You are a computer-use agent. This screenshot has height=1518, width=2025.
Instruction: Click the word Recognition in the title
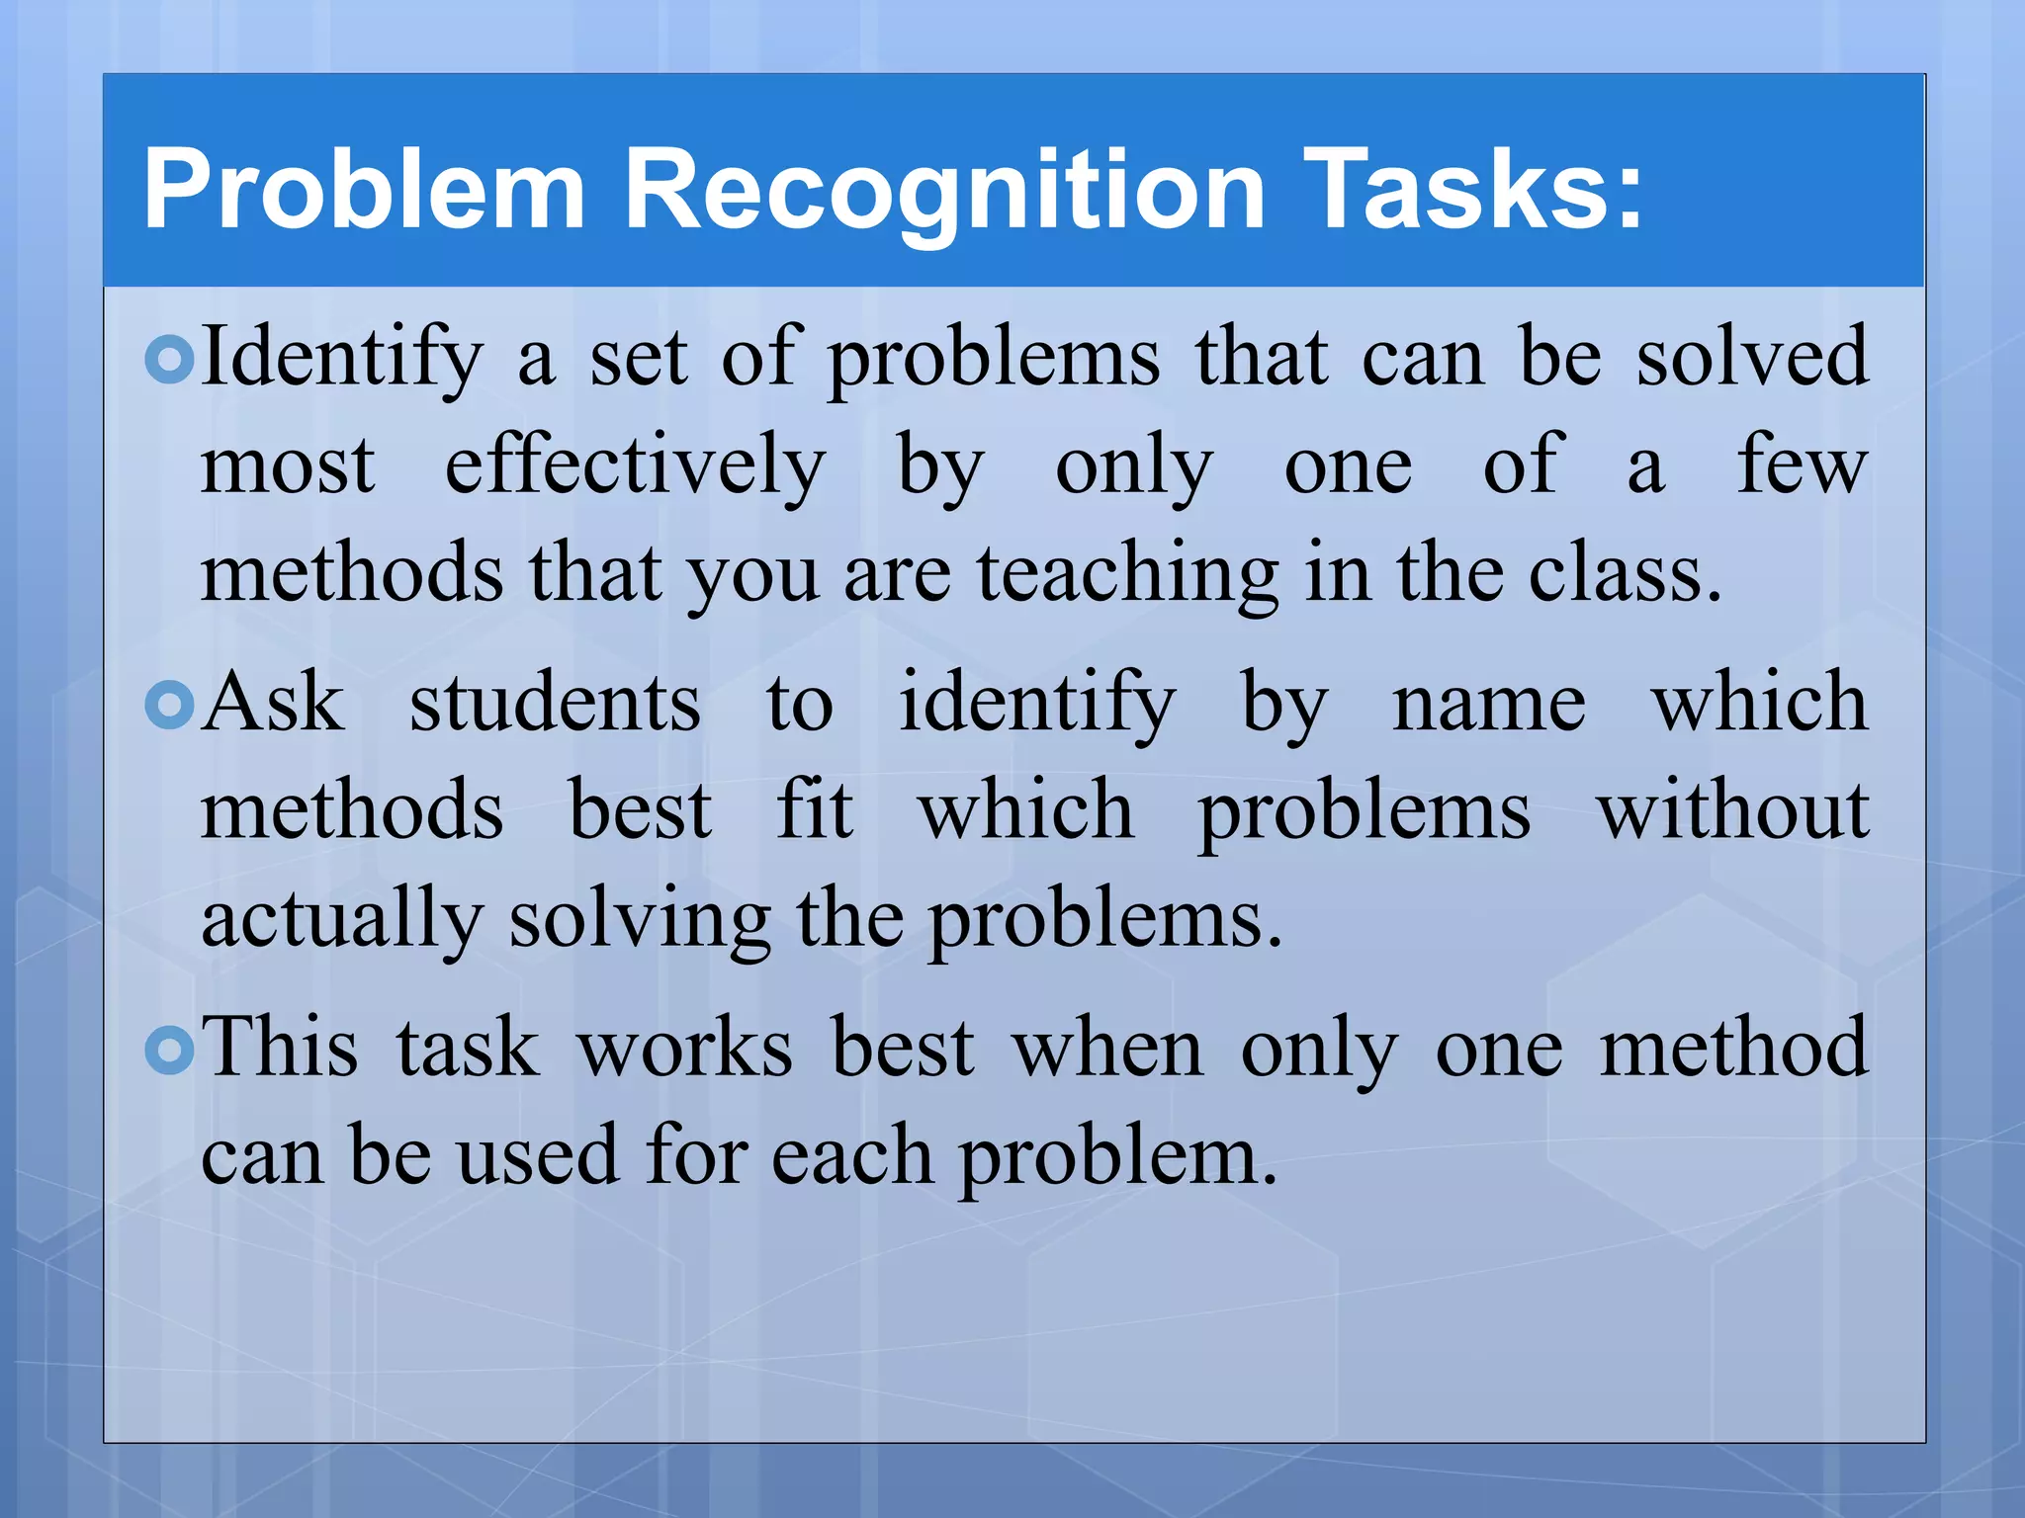pos(944,190)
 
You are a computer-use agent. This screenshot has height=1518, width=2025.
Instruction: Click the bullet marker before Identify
pos(170,360)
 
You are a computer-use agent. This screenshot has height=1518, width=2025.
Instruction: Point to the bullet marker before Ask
pos(170,705)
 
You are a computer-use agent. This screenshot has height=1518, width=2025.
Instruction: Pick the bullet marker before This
pos(170,1050)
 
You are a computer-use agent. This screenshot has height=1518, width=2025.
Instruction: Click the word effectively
pos(635,466)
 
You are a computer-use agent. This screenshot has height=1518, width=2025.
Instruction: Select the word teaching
pos(1128,575)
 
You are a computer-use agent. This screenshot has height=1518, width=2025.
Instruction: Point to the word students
pos(555,704)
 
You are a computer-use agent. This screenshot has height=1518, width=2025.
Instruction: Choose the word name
pos(1488,704)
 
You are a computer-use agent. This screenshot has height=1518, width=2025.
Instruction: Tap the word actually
pos(341,921)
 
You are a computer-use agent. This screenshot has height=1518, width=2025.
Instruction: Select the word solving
pos(639,921)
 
